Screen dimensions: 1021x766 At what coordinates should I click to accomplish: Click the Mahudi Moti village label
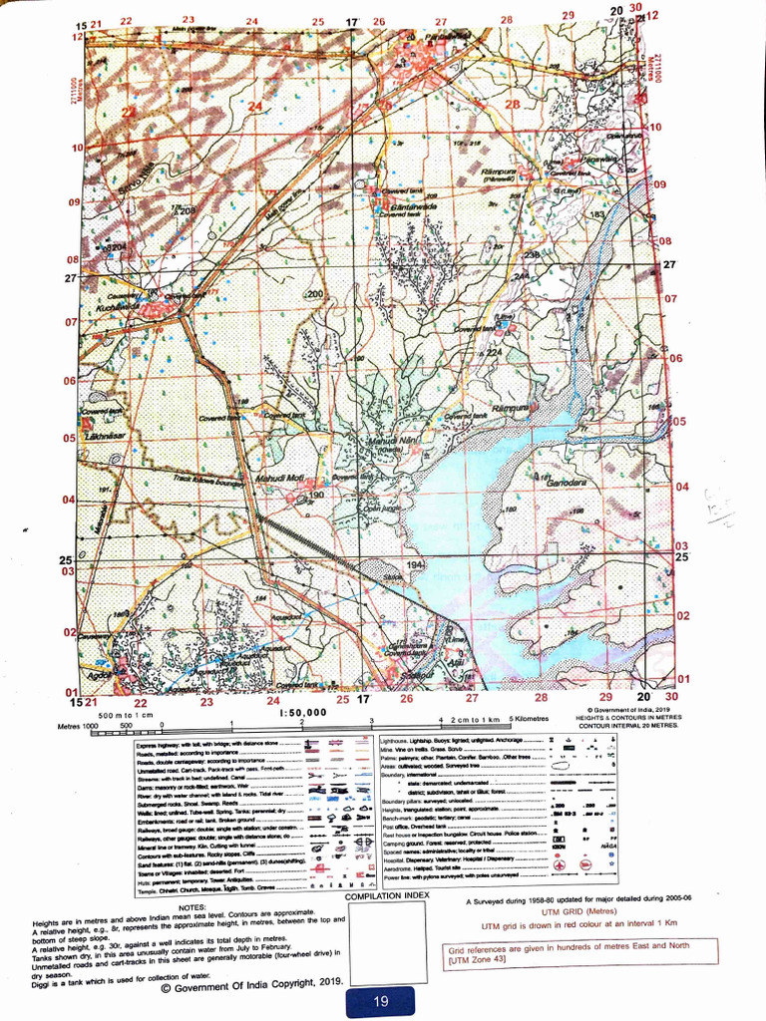coord(280,481)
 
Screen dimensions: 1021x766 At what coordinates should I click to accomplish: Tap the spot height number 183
coord(597,214)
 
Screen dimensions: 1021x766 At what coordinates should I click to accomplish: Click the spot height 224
coord(493,352)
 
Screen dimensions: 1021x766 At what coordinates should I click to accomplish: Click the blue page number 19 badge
coord(381,1002)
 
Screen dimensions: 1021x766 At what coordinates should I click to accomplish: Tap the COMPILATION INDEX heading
coord(388,895)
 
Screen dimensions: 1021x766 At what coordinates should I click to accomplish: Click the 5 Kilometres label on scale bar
coord(528,718)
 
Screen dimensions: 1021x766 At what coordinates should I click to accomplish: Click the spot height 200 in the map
coord(315,294)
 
